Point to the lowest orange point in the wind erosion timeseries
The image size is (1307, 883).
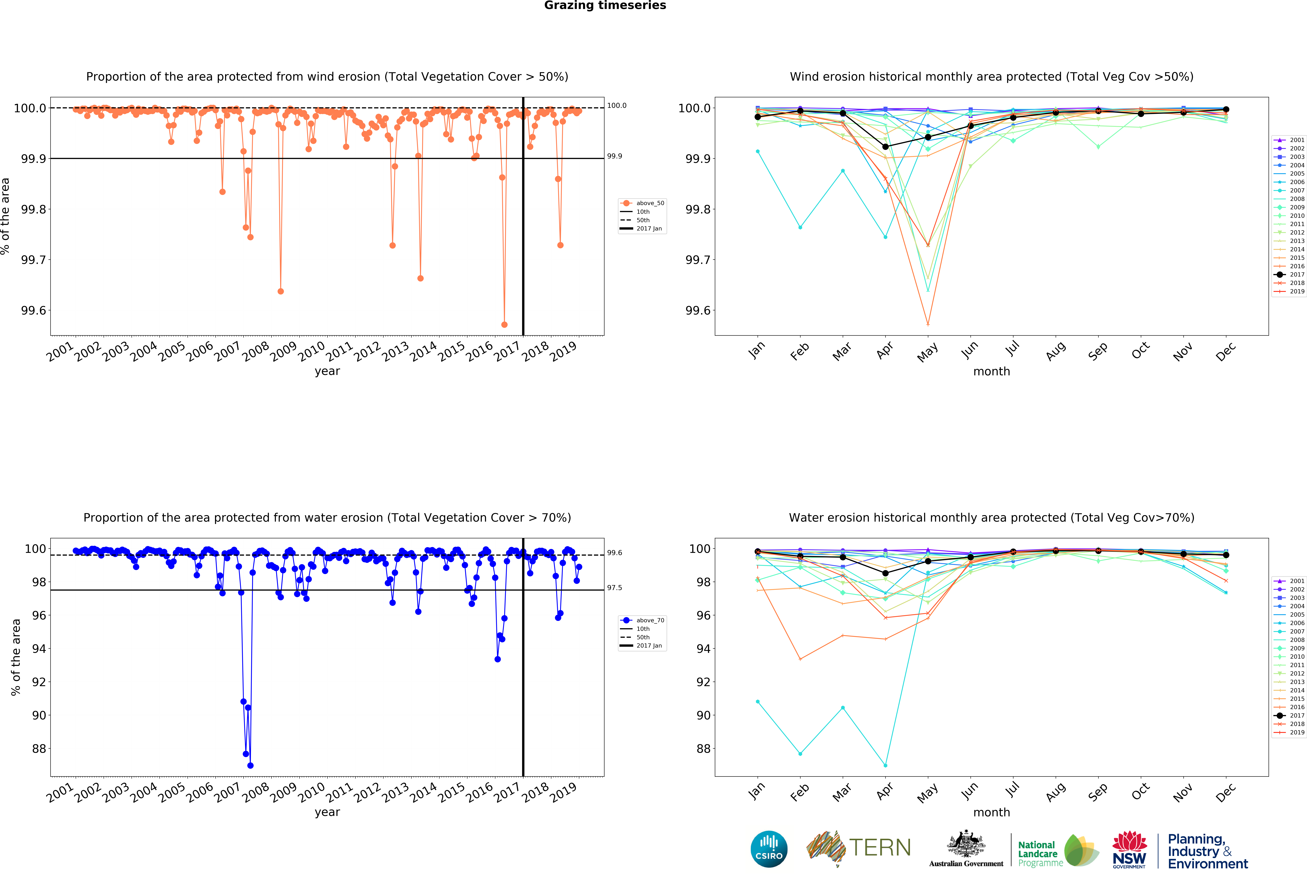pos(504,324)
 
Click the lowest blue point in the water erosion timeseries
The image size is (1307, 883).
pos(250,765)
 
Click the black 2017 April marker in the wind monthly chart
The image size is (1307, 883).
pos(885,147)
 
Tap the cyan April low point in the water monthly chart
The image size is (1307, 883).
pos(885,765)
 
